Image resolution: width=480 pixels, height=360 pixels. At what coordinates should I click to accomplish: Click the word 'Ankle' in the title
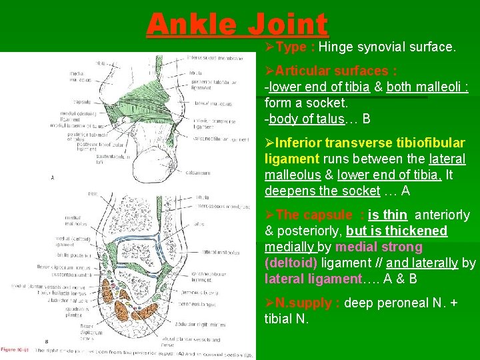189,25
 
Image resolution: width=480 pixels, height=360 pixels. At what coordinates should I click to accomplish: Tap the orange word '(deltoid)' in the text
290,263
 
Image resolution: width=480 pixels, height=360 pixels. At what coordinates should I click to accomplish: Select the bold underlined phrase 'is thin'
387,215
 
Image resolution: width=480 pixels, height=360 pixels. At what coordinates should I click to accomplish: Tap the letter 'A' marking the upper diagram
53,177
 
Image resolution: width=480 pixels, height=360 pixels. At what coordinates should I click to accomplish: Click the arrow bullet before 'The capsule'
270,215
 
